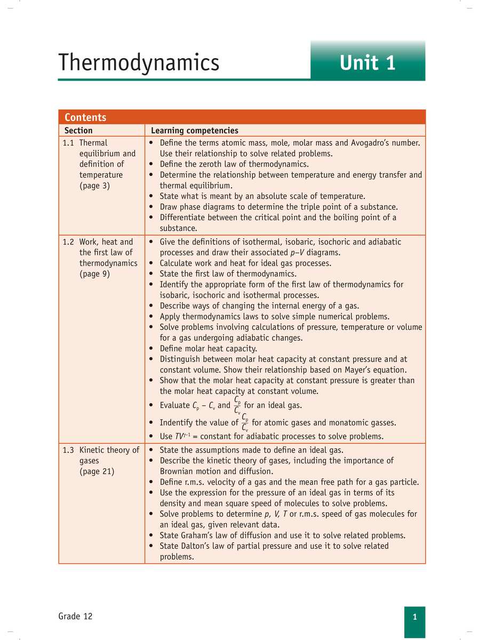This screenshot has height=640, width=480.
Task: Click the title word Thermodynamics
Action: pos(139,62)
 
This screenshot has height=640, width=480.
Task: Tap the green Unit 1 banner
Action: pos(367,62)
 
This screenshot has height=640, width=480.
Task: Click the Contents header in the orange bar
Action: pos(85,117)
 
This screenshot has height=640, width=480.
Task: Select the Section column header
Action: pos(78,131)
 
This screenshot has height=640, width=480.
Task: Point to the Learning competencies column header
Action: pos(195,131)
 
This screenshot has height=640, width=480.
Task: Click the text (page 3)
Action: pos(94,186)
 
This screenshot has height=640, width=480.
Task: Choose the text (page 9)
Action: pos(94,274)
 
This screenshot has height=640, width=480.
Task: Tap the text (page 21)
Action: pos(97,471)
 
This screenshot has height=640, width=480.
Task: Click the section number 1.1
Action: pos(69,143)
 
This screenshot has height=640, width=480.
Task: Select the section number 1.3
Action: pos(69,450)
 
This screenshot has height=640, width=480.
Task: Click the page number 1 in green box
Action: pos(414,617)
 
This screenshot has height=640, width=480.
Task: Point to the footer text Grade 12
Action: pos(75,617)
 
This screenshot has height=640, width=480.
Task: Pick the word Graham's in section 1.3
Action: pos(202,535)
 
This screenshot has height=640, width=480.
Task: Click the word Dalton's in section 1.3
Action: pos(199,546)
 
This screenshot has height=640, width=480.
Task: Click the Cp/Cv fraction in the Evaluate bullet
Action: pos(238,405)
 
